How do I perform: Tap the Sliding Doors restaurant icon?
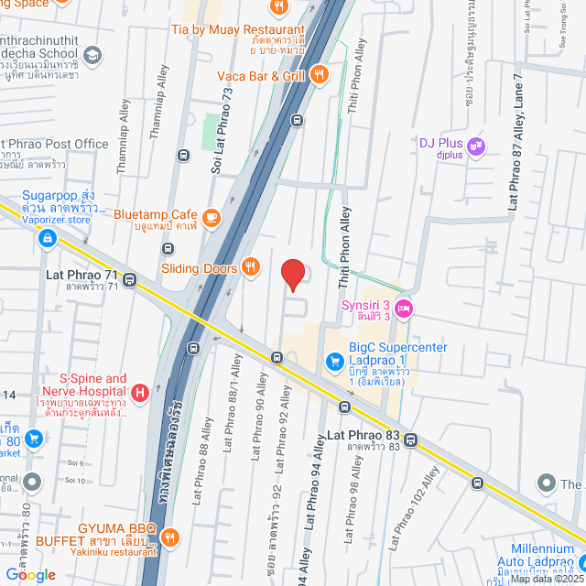pos(248,268)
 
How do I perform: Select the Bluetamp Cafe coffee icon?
pos(212,217)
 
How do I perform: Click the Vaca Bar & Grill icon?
pos(319,75)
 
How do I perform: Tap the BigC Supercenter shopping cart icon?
pos(334,358)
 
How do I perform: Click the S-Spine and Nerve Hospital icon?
pos(139,394)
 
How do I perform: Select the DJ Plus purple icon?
pos(474,145)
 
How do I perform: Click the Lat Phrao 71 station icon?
pos(130,280)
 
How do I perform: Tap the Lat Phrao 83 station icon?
pos(412,439)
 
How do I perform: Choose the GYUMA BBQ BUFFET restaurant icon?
pos(168,536)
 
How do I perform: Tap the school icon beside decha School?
pos(92,56)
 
